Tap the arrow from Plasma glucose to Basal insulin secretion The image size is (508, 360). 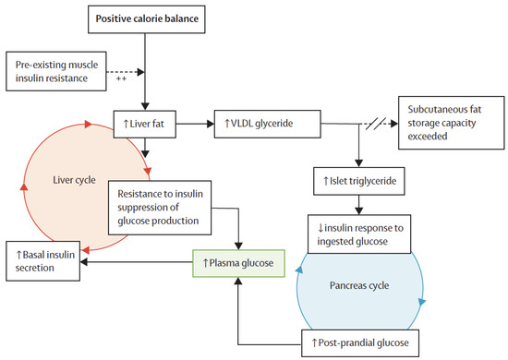pyautogui.click(x=139, y=262)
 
